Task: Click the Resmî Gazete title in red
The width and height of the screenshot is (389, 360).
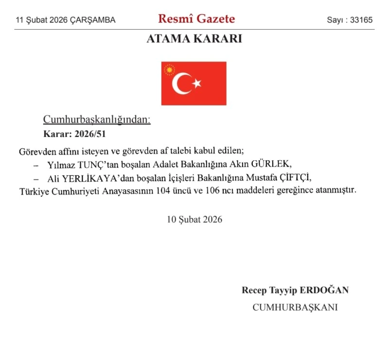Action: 196,19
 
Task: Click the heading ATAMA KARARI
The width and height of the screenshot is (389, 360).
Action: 194,39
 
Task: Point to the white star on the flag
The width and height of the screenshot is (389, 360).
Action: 197,84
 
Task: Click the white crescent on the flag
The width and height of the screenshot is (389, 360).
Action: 181,84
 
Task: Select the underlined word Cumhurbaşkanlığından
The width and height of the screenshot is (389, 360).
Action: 97,120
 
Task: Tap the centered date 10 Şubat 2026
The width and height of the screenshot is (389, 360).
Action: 194,219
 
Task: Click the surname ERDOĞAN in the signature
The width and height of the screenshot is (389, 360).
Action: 324,291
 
